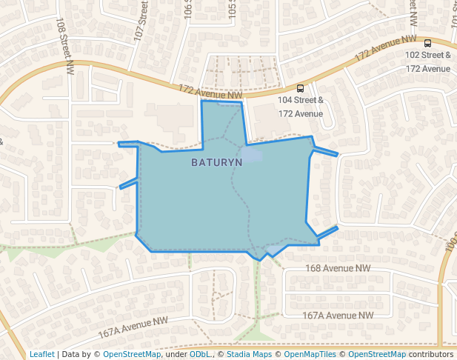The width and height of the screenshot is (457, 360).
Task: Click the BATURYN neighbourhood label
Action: (216, 162)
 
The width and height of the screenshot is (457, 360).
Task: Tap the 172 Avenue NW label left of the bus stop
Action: (210, 92)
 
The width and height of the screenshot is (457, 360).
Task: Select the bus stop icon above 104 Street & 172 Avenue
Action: (300, 88)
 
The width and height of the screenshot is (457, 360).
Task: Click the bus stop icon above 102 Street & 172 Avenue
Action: (428, 43)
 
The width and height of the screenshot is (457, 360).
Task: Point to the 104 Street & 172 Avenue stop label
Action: (300, 107)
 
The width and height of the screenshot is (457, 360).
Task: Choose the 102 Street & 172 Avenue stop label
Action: (428, 61)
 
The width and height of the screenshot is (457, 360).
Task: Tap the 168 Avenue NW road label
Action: (337, 268)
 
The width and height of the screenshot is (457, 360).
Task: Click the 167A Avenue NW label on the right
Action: (337, 315)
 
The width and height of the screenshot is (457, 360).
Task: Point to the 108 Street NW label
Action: (65, 46)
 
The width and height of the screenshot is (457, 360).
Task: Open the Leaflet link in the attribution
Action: (41, 354)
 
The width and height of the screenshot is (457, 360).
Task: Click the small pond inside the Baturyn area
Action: (253, 155)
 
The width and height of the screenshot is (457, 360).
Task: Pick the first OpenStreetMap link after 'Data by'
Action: (132, 354)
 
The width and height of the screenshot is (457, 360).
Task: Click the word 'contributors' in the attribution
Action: (431, 354)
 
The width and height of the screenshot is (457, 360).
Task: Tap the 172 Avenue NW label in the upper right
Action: (385, 48)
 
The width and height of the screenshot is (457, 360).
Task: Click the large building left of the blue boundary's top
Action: (173, 117)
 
